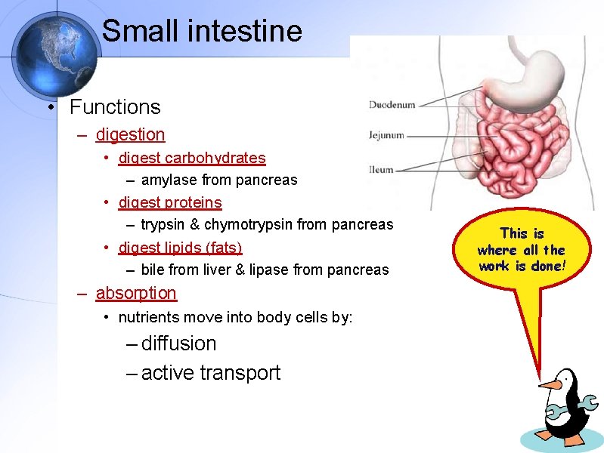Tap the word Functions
[115, 107]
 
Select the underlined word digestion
[130, 134]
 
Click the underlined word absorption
[136, 293]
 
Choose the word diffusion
[178, 344]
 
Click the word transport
[243, 373]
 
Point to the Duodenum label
[392, 105]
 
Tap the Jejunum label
[386, 136]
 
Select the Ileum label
[381, 170]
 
